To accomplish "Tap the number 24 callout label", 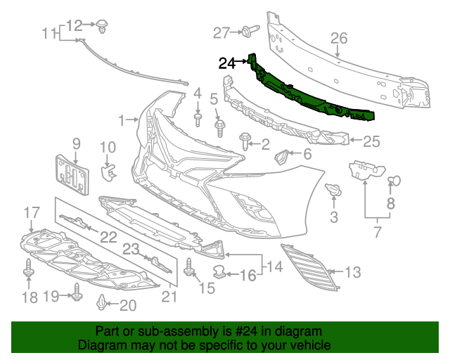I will (227, 63).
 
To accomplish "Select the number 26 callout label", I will (340, 38).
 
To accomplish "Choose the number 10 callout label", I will (107, 147).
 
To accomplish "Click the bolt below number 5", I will (218, 129).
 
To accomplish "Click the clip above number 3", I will (333, 190).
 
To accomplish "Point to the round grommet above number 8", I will (394, 181).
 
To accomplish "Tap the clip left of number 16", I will (220, 271).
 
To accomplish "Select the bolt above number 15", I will (189, 267).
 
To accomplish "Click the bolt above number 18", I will (29, 269).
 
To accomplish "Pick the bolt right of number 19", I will (75, 297).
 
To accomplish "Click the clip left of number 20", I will (102, 304).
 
